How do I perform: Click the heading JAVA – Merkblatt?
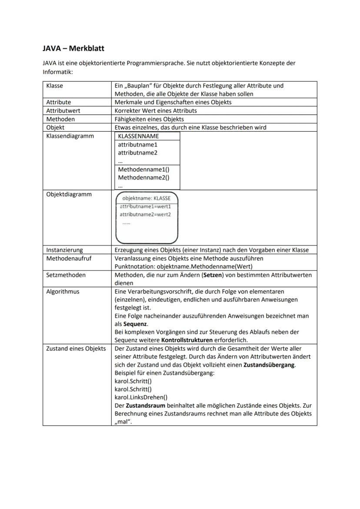click(x=73, y=48)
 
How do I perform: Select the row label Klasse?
click(x=55, y=86)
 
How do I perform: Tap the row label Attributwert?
click(x=63, y=110)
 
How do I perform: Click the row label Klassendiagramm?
click(x=70, y=136)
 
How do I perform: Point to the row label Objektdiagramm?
click(x=69, y=194)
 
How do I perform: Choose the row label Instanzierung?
click(x=64, y=250)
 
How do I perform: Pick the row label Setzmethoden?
click(x=66, y=275)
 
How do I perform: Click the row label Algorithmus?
click(x=63, y=291)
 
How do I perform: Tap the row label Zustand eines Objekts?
click(x=76, y=349)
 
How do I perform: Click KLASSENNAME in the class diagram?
click(x=138, y=136)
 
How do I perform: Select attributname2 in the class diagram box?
click(x=137, y=153)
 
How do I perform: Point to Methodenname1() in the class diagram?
click(x=143, y=170)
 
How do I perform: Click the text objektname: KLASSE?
click(x=147, y=198)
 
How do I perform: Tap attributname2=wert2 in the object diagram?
click(x=145, y=214)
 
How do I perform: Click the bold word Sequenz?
click(x=135, y=324)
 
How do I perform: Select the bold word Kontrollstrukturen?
click(x=187, y=340)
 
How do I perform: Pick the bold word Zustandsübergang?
click(x=269, y=365)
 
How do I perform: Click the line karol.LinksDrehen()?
click(x=141, y=397)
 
